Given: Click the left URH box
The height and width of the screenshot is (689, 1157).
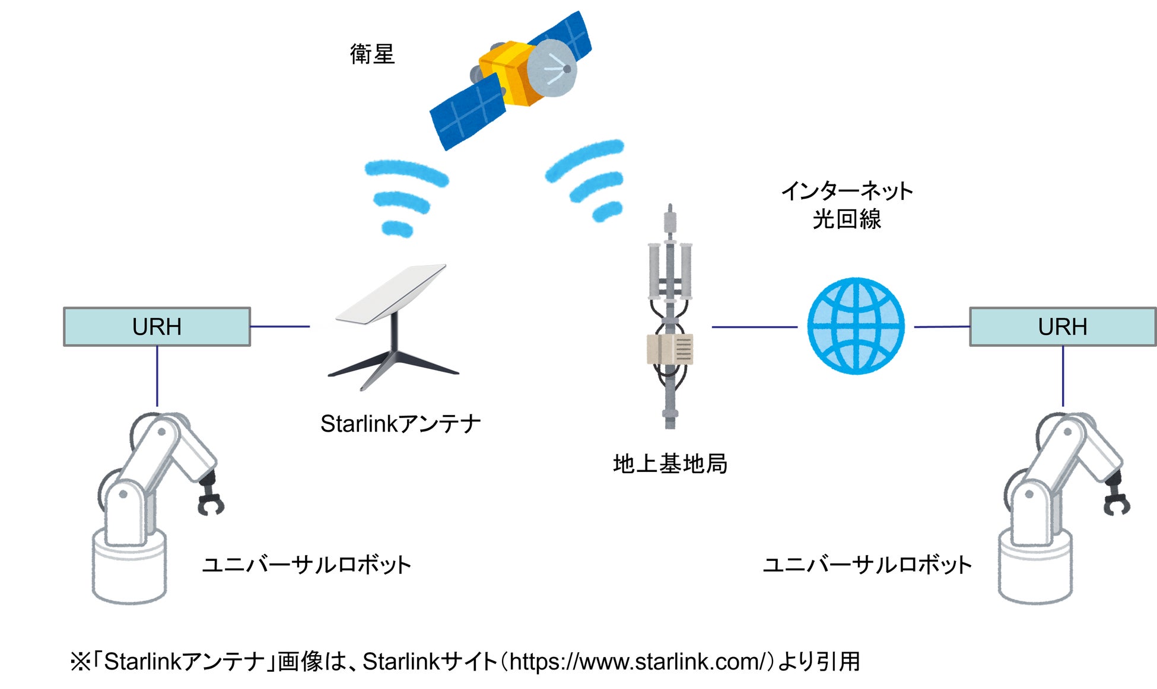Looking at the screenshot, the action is point(157,327).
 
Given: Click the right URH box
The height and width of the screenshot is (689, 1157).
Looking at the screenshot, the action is point(1062,327).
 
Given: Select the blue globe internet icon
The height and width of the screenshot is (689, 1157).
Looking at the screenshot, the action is point(856,326).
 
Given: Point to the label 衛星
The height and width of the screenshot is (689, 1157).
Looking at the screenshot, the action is point(372,55).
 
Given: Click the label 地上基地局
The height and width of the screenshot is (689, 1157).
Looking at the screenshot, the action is point(670,464).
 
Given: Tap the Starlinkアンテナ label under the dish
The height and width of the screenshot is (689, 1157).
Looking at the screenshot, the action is point(401,424).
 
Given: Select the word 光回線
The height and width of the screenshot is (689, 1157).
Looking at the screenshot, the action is point(847,219).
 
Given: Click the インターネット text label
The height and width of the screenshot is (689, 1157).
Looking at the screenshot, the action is point(847,191).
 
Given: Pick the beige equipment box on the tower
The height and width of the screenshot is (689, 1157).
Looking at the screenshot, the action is point(670,349).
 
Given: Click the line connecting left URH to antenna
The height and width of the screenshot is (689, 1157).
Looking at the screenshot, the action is point(279,326).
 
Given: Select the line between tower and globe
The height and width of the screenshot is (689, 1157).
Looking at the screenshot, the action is point(754,327).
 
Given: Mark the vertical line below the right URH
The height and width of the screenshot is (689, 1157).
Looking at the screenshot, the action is point(1063,376).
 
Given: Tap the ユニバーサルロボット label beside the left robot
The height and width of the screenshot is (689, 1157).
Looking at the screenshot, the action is point(306,564).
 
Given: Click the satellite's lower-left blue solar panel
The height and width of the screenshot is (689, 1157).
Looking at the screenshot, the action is point(467,113).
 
